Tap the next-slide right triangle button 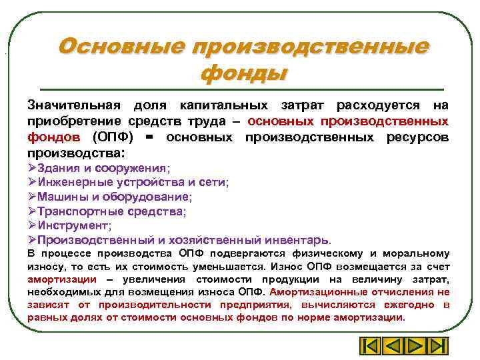pos(415,347)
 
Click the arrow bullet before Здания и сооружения pos(32,168)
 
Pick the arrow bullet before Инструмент pos(32,225)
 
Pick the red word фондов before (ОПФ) pos(53,137)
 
